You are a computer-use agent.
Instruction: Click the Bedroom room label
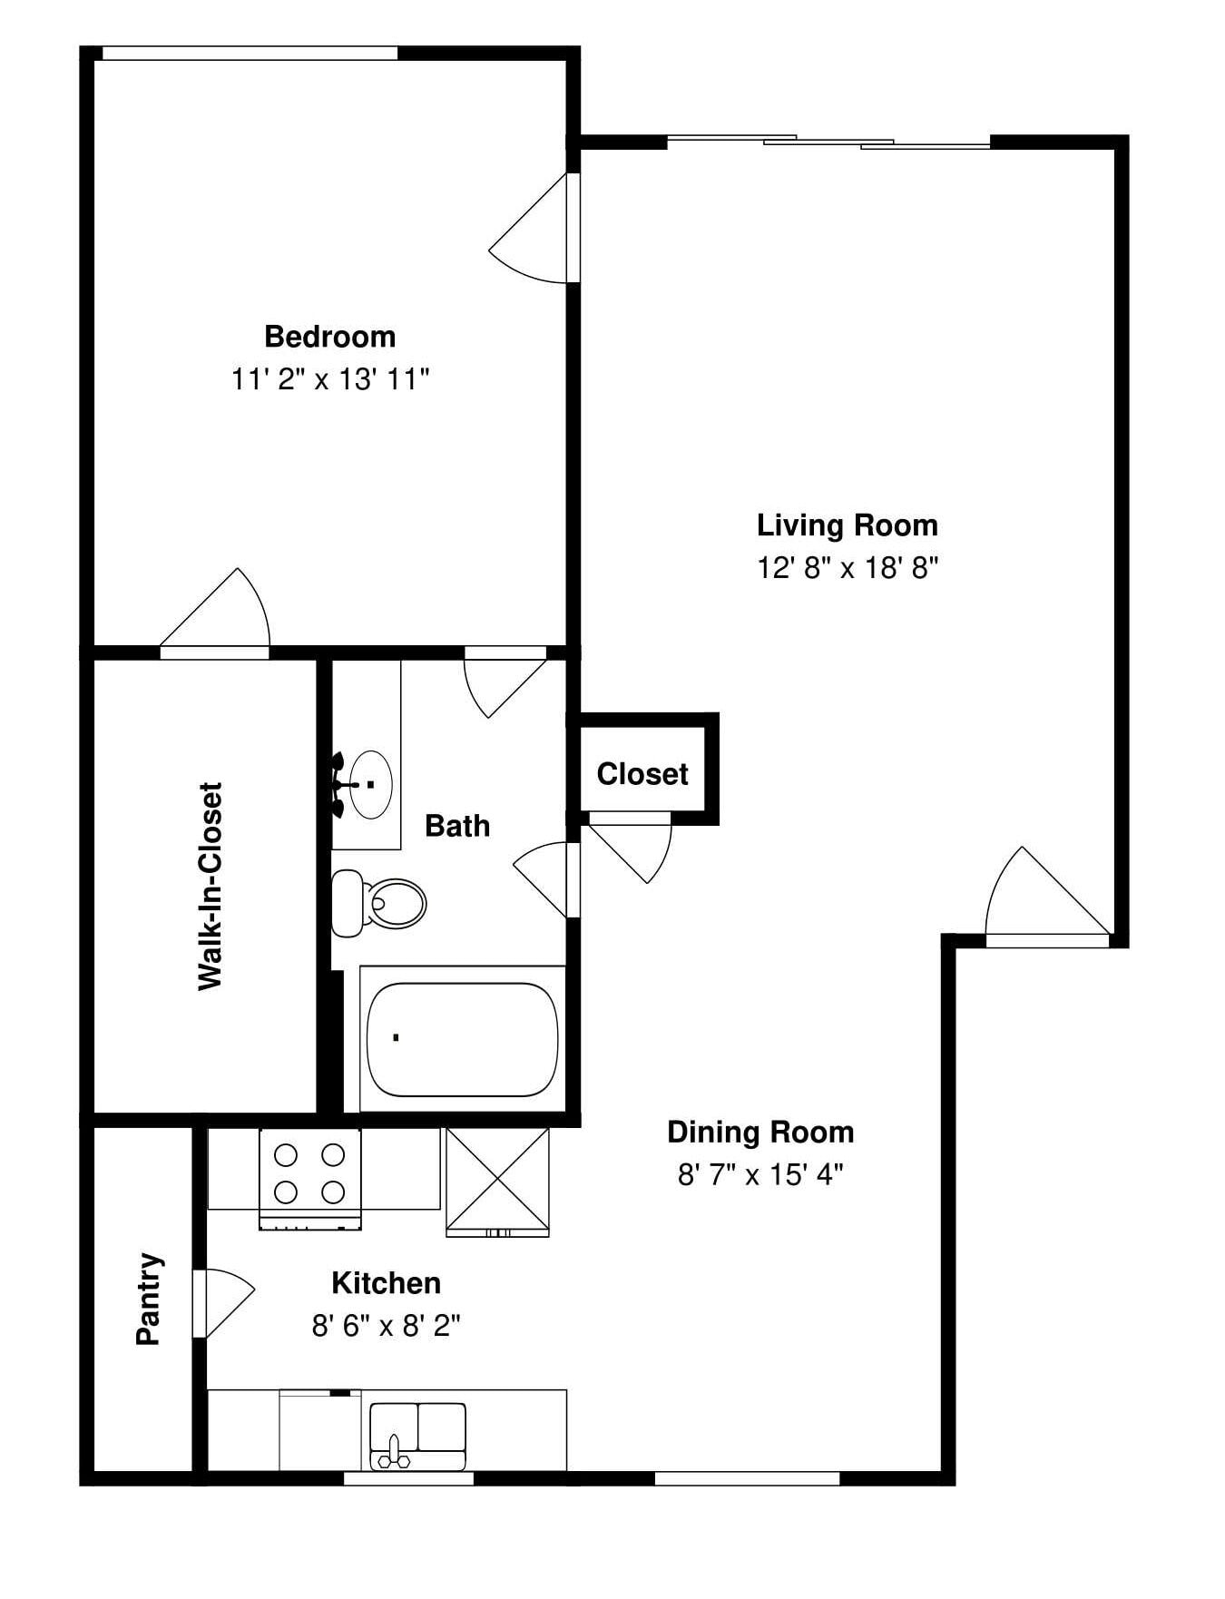click(x=329, y=337)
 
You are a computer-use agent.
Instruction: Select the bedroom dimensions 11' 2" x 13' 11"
click(x=329, y=379)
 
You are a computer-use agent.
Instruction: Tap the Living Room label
click(x=847, y=525)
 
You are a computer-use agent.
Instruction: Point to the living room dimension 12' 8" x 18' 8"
click(x=847, y=569)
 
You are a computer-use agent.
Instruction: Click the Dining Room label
click(x=760, y=1133)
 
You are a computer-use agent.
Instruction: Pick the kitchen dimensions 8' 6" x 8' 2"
click(x=386, y=1327)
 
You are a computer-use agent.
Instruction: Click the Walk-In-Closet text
click(x=210, y=886)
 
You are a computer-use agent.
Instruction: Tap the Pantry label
click(x=150, y=1299)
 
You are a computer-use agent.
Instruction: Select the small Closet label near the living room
click(x=642, y=774)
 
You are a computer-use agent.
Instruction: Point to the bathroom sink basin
click(x=370, y=784)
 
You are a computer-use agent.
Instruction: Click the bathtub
click(x=462, y=1038)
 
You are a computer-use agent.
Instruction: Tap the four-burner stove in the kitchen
click(x=309, y=1173)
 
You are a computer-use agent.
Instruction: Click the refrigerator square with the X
click(x=497, y=1179)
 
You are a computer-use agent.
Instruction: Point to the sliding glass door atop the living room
click(x=828, y=142)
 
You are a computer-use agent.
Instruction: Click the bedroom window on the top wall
click(x=250, y=54)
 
